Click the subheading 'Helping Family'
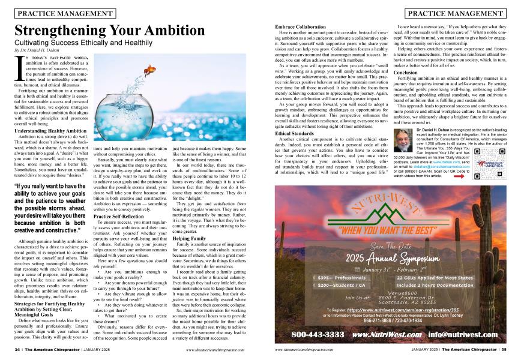(189, 238)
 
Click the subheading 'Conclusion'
(388, 72)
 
